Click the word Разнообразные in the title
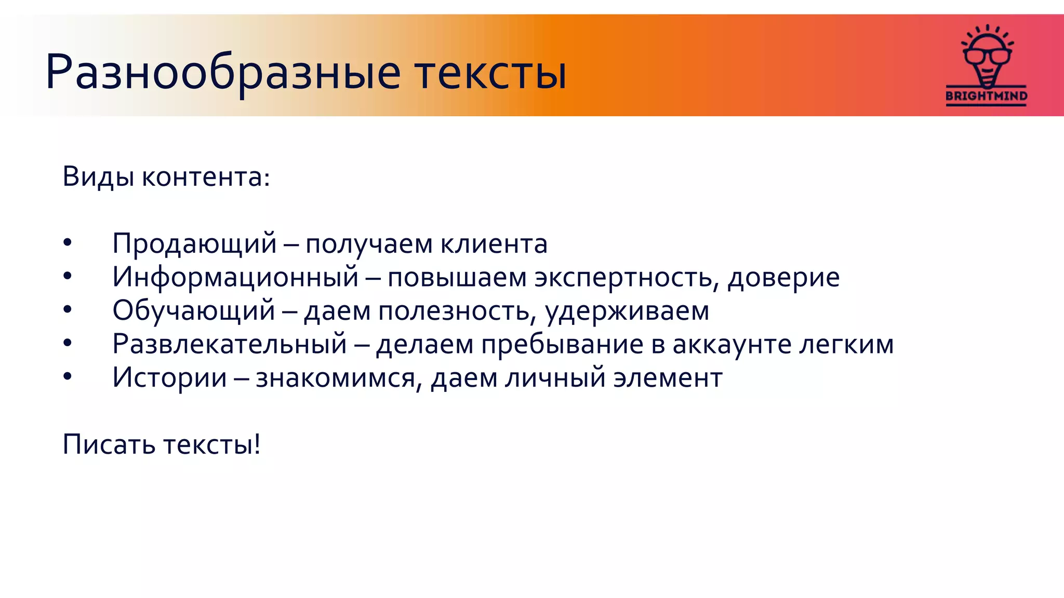pyautogui.click(x=223, y=73)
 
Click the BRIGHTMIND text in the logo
pyautogui.click(x=986, y=96)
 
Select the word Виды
pyautogui.click(x=99, y=177)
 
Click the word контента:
pyautogui.click(x=206, y=177)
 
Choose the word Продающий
pyautogui.click(x=194, y=243)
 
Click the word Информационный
pyautogui.click(x=235, y=277)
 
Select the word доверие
pyautogui.click(x=783, y=277)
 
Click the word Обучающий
pyautogui.click(x=193, y=310)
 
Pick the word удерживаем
pyautogui.click(x=627, y=310)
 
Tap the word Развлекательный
pyautogui.click(x=229, y=344)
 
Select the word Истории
pyautogui.click(x=169, y=377)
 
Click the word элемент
pyautogui.click(x=668, y=377)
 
